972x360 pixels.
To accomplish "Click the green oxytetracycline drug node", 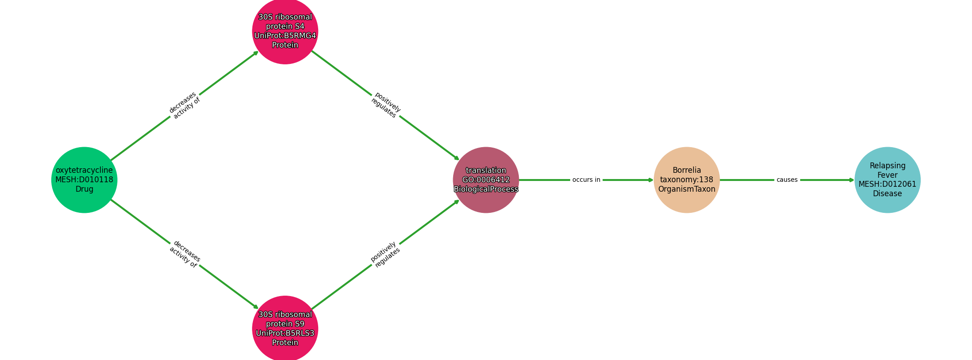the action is tap(84, 180).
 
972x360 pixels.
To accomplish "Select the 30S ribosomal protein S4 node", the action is tap(285, 31).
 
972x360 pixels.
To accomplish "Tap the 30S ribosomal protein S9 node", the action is tap(285, 328).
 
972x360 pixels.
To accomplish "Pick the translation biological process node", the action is tap(486, 180).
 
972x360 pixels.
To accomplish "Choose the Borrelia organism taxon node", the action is tap(687, 180).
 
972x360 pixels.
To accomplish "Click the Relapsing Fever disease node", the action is tap(887, 180).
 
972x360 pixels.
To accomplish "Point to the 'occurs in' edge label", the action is tap(586, 180).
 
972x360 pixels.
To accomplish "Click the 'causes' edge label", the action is tap(787, 180).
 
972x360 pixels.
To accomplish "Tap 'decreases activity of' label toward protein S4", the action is tap(184, 105).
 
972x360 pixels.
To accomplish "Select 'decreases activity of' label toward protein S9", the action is tap(184, 254).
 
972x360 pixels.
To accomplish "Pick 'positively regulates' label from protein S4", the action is tap(386, 105).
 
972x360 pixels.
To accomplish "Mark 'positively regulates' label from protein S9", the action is tap(386, 254).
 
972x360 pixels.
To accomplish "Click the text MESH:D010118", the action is tap(84, 180).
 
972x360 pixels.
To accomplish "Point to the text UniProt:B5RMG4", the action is tap(285, 36).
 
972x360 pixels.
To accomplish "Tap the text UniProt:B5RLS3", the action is tap(285, 333).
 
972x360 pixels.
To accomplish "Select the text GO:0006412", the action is tap(486, 180).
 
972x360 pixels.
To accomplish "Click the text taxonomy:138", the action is tap(687, 180).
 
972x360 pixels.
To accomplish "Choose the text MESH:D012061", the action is tap(887, 184).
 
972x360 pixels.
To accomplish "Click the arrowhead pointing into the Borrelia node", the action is tap(651, 180).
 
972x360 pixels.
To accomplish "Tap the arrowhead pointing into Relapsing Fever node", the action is tap(851, 180).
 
